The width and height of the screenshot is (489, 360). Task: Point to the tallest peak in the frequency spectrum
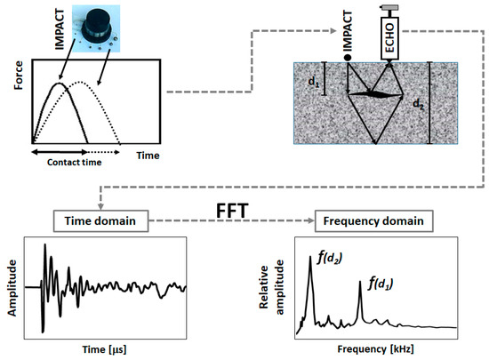click(x=310, y=264)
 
